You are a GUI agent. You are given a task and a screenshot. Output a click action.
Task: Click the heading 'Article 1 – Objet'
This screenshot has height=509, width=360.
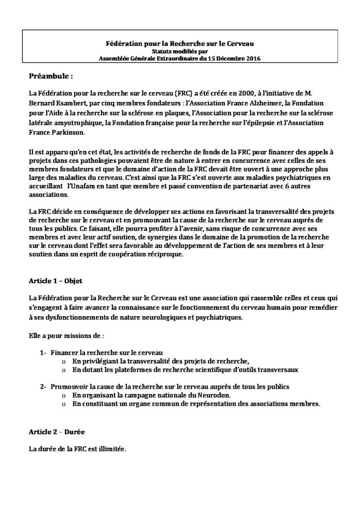pos(56,281)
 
